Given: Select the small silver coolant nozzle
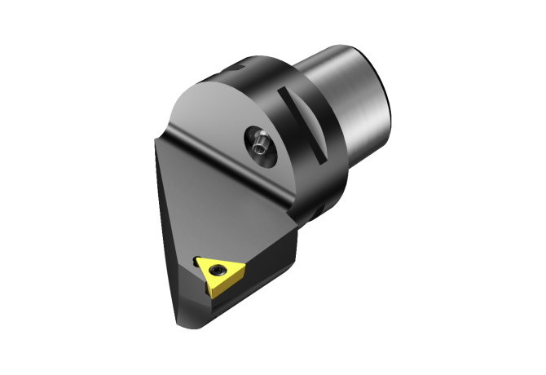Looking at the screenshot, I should pyautogui.click(x=258, y=144).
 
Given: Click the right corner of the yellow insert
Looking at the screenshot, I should pyautogui.click(x=241, y=263).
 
